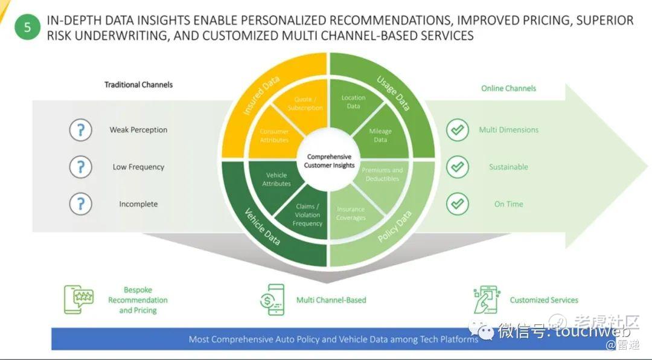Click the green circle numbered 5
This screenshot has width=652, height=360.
pyautogui.click(x=27, y=27)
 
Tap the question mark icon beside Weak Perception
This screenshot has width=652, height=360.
pyautogui.click(x=80, y=130)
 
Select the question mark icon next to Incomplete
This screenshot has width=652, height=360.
pyautogui.click(x=80, y=204)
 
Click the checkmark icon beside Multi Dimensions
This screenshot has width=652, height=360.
pyautogui.click(x=457, y=130)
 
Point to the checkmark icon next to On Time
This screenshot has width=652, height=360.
pyautogui.click(x=457, y=204)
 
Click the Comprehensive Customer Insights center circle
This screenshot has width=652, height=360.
pyautogui.click(x=329, y=161)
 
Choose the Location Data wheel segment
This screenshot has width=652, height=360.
pyautogui.click(x=353, y=103)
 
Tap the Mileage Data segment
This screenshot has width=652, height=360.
pyautogui.click(x=380, y=135)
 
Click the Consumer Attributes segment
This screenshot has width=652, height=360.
pyautogui.click(x=274, y=135)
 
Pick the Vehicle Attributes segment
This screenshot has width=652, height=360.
pyautogui.click(x=276, y=179)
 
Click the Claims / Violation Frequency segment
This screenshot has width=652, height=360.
pyautogui.click(x=307, y=214)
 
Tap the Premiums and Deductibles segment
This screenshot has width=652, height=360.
pyautogui.click(x=382, y=175)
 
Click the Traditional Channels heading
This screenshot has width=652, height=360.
pyautogui.click(x=138, y=85)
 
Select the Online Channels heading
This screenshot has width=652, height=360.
pyautogui.click(x=508, y=88)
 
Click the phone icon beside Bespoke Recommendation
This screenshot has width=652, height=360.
pyautogui.click(x=78, y=300)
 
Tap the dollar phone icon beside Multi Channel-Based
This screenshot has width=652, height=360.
pyautogui.click(x=272, y=300)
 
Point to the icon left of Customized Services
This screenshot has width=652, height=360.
pyautogui.click(x=485, y=300)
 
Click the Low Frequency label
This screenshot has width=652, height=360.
pyautogui.click(x=138, y=167)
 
